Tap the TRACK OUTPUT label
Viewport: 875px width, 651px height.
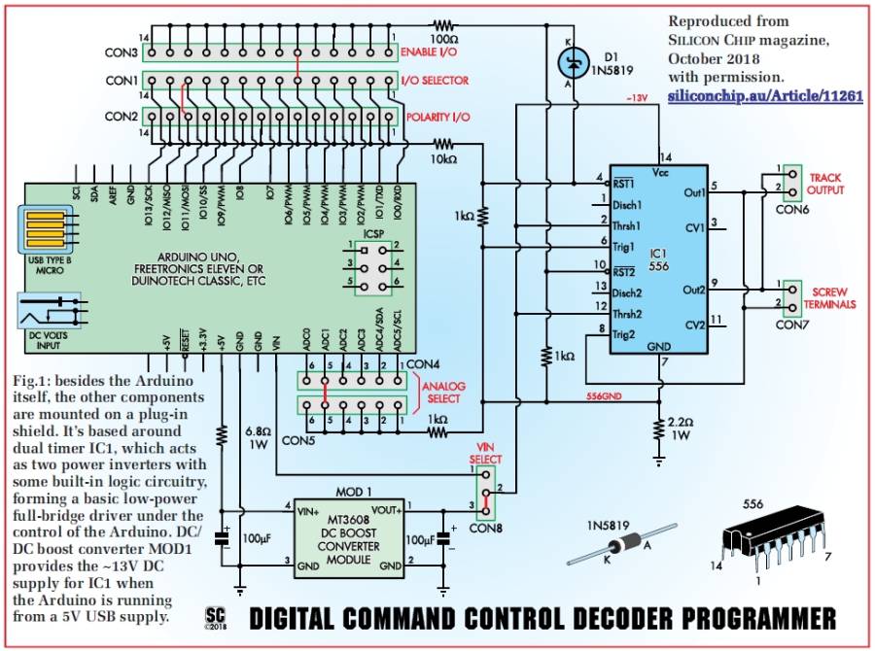pos(824,184)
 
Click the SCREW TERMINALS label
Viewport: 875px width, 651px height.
pos(831,298)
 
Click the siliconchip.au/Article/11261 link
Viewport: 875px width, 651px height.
pos(765,98)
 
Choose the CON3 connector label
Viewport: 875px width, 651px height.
pos(121,51)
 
